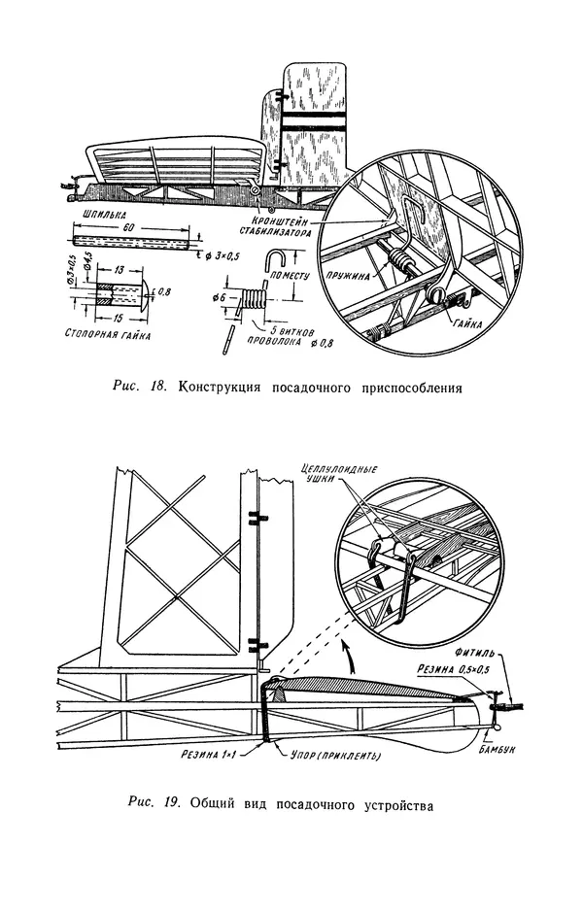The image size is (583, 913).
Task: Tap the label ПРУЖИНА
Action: (x=352, y=276)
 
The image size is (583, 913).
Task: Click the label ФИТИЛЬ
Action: (x=471, y=656)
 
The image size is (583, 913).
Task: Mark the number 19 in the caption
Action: (x=170, y=804)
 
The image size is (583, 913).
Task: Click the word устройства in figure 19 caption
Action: (x=379, y=804)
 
